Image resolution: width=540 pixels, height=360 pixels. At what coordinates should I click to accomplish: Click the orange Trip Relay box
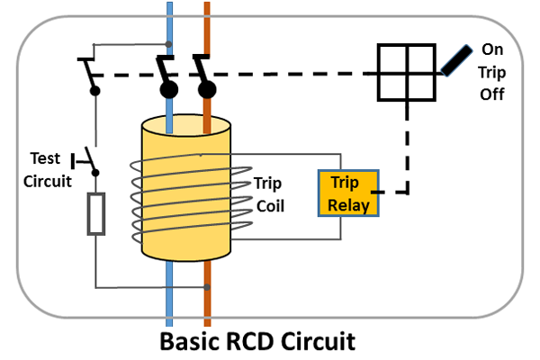point(349,193)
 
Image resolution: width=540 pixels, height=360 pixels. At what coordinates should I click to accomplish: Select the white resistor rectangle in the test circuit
point(96,213)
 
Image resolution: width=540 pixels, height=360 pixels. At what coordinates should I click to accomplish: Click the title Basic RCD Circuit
point(269,343)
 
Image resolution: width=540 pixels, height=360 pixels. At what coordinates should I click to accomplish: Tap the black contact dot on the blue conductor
point(167,90)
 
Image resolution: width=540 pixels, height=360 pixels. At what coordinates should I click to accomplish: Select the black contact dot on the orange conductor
point(207,90)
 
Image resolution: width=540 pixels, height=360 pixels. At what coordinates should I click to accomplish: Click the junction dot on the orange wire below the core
point(208,288)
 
